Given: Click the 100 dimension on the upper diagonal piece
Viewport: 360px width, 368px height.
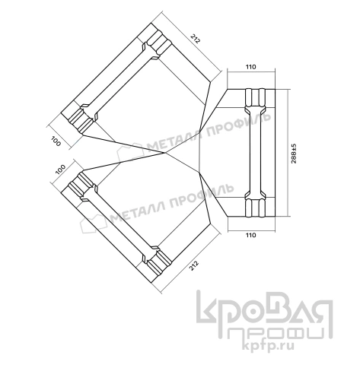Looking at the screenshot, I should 56,141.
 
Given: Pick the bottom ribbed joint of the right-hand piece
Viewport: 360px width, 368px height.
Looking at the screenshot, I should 253,205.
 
